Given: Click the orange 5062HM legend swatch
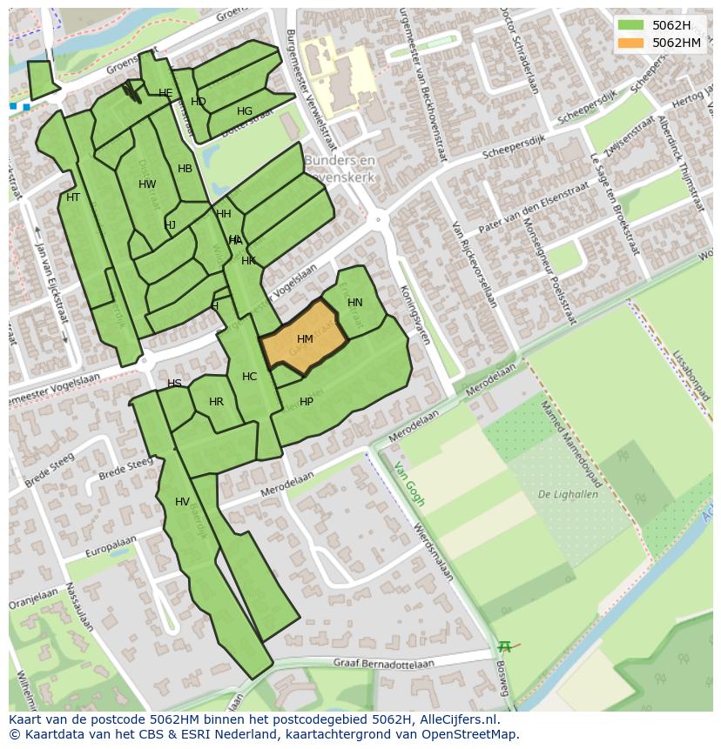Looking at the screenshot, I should click(x=632, y=43).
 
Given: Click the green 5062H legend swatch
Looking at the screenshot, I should click(x=632, y=25).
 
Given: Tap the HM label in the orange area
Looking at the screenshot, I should click(x=305, y=339).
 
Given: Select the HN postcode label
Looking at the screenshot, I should click(x=354, y=303).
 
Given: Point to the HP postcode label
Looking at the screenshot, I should click(x=307, y=402).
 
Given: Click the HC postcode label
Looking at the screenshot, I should click(x=250, y=377).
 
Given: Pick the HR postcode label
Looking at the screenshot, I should click(x=216, y=402).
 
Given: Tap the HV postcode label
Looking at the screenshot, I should click(x=182, y=502).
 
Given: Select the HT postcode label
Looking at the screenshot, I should click(x=73, y=197).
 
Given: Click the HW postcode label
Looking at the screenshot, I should click(x=147, y=184).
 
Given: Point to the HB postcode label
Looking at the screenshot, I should click(x=185, y=169).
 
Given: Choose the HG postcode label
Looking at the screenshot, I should click(x=245, y=111).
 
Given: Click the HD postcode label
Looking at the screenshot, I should click(x=199, y=102).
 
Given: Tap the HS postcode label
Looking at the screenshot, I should click(x=174, y=384).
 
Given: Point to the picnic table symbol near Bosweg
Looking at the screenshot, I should click(x=504, y=646).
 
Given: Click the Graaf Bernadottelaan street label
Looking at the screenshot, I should click(x=383, y=663).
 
